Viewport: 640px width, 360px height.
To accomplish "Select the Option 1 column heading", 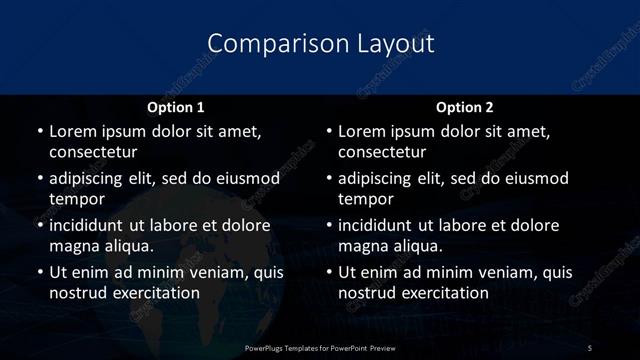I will tap(175, 107).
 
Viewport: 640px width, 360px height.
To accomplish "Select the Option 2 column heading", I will tap(464, 107).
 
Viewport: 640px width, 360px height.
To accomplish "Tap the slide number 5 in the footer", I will tap(590, 346).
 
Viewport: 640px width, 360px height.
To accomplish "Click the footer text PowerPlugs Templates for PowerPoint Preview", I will tap(320, 346).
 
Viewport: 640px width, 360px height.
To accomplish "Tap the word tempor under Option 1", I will tap(77, 199).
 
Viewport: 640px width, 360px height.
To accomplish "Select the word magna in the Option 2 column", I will tap(363, 246).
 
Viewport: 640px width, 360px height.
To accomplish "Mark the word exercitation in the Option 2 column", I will tap(446, 293).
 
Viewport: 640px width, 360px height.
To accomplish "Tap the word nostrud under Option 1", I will tap(76, 293).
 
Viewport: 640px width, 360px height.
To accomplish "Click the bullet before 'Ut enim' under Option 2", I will tap(328, 272).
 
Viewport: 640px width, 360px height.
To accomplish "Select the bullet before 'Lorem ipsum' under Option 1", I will tap(39, 131).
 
